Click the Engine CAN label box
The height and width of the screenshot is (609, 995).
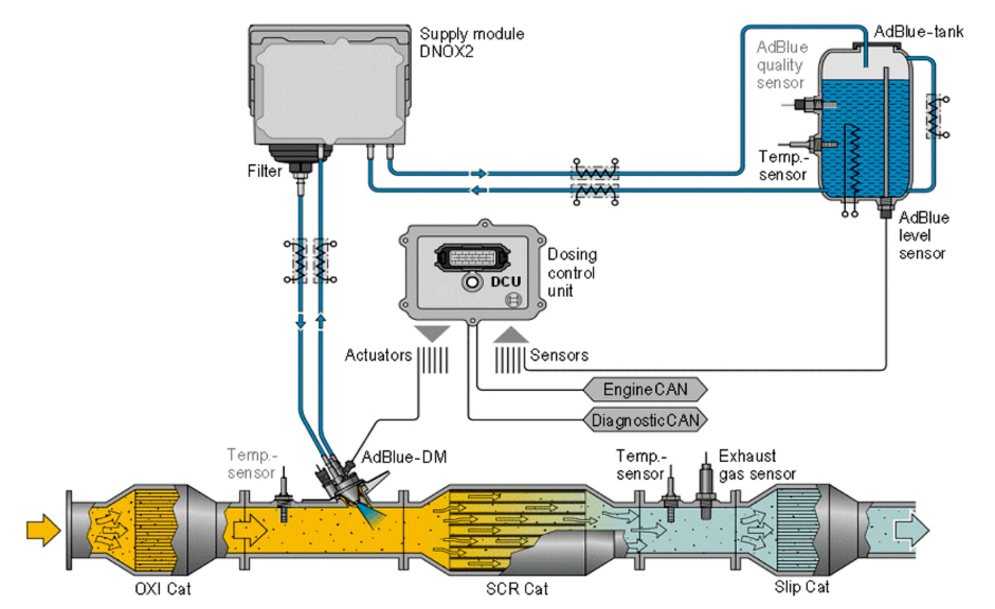(645, 390)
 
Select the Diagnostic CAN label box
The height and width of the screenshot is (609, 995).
(645, 420)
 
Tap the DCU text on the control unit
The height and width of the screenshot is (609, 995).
(505, 282)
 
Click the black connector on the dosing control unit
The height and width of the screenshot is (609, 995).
(473, 257)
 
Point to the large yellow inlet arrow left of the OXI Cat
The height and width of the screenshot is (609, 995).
(43, 530)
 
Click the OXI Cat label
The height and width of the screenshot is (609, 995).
(162, 589)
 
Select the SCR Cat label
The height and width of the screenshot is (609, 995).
(517, 589)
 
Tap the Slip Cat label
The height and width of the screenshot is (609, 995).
(802, 587)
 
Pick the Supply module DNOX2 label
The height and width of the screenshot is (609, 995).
(472, 42)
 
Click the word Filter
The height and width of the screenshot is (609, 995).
(265, 171)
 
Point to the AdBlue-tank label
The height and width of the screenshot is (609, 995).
(918, 32)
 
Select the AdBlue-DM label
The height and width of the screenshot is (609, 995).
(404, 456)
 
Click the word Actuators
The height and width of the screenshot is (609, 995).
(378, 355)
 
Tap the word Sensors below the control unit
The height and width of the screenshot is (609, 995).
(559, 355)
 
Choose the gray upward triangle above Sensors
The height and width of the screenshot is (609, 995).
(511, 335)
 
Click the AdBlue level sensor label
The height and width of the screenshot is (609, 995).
(924, 235)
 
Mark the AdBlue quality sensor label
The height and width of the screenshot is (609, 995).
(782, 65)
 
